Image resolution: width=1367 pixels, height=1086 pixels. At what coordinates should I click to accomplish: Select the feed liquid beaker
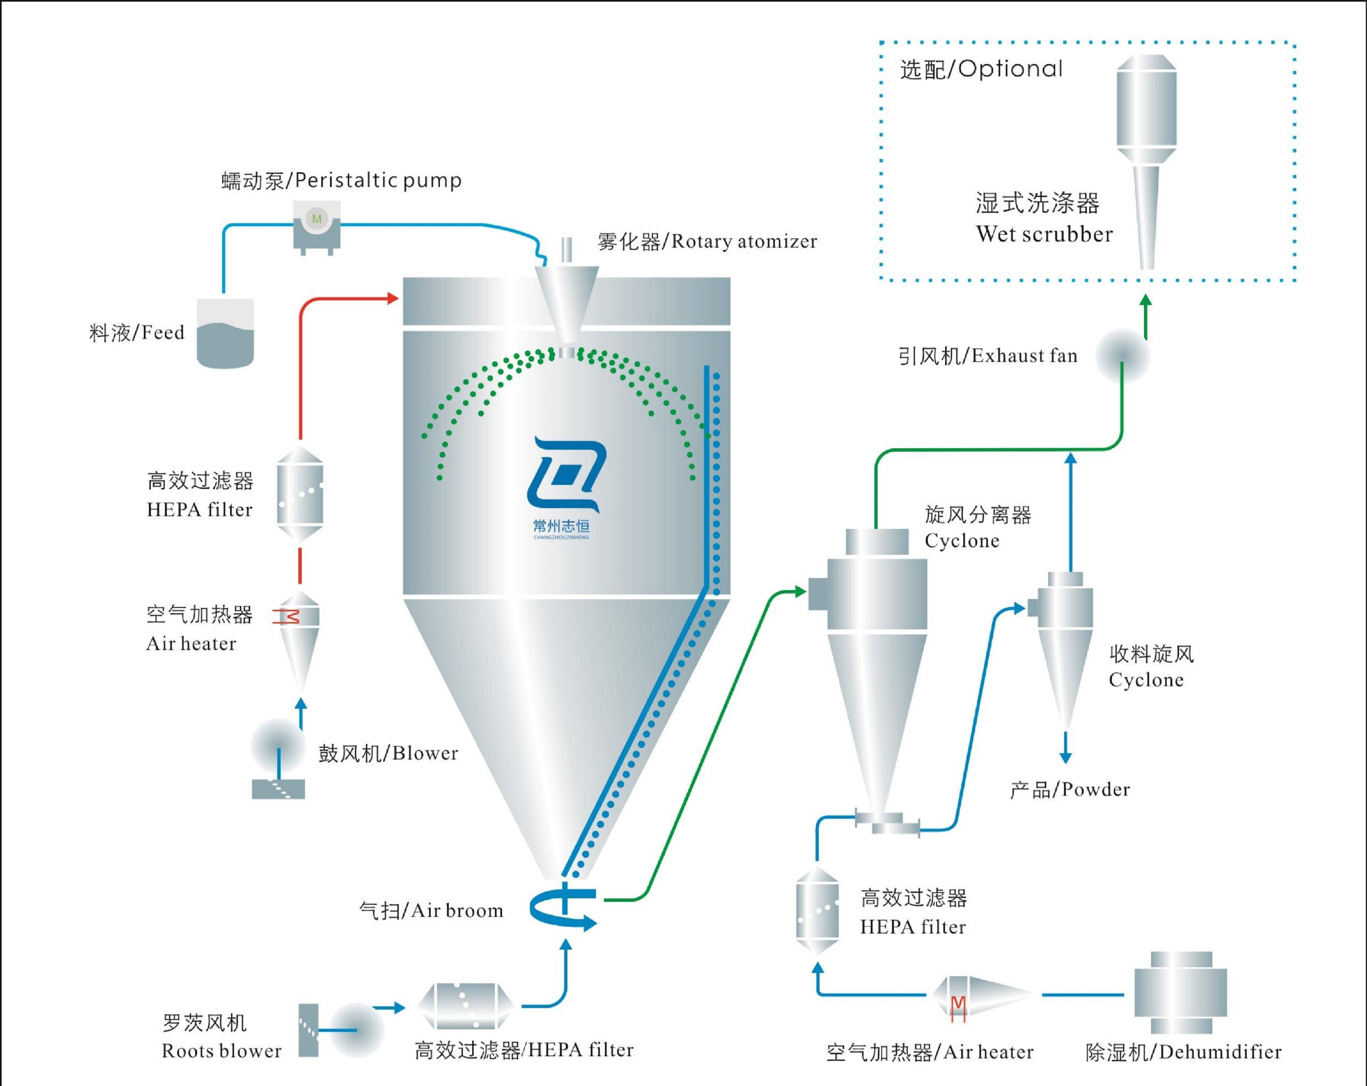pos(225,334)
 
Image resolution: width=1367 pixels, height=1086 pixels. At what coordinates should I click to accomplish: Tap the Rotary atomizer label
pos(707,241)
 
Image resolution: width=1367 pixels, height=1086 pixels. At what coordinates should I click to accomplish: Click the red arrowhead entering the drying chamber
pos(393,298)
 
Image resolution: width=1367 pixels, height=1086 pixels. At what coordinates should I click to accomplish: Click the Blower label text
pos(388,753)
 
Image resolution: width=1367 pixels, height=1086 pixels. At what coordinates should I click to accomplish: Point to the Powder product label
pos(1070,790)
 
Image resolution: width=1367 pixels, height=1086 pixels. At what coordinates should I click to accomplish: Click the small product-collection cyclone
pos(1065,640)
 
